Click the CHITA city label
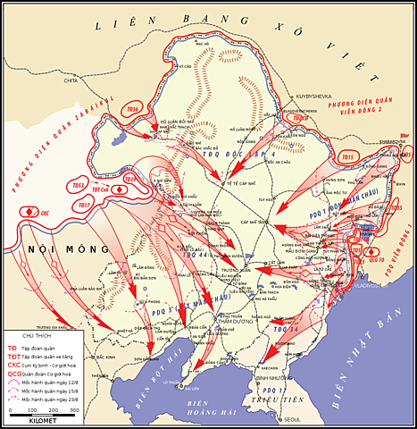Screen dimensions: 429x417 [71, 80]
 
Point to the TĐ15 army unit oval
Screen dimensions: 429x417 [347, 157]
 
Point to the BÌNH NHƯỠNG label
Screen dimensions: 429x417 [271, 378]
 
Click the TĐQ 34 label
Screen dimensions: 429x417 [286, 329]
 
